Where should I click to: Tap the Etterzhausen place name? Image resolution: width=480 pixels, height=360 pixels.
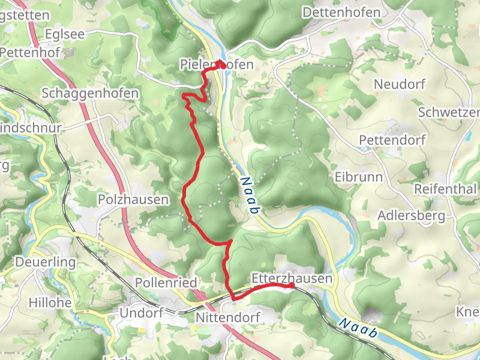tap(291, 278)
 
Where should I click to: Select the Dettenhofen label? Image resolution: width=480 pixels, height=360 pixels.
tap(342, 13)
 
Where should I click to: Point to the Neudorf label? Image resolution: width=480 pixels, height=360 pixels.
tap(399, 84)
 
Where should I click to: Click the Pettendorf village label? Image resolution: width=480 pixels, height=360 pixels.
tap(392, 140)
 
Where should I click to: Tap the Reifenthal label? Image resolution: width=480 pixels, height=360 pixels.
tap(445, 190)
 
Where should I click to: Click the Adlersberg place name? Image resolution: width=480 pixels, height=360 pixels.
tap(412, 215)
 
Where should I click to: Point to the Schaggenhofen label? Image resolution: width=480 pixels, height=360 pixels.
tap(91, 94)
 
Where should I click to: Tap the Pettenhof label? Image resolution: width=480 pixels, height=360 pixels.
tap(27, 52)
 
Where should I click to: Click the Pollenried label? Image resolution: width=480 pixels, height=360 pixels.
tap(166, 282)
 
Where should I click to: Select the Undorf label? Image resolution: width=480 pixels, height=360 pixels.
tap(141, 313)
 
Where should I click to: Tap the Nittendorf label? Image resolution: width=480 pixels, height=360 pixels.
tap(227, 316)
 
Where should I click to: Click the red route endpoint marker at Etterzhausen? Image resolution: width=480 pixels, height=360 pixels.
tap(292, 286)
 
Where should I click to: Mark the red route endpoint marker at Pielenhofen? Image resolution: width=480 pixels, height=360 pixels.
tap(221, 64)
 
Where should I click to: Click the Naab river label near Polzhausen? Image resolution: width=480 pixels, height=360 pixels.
tap(251, 196)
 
